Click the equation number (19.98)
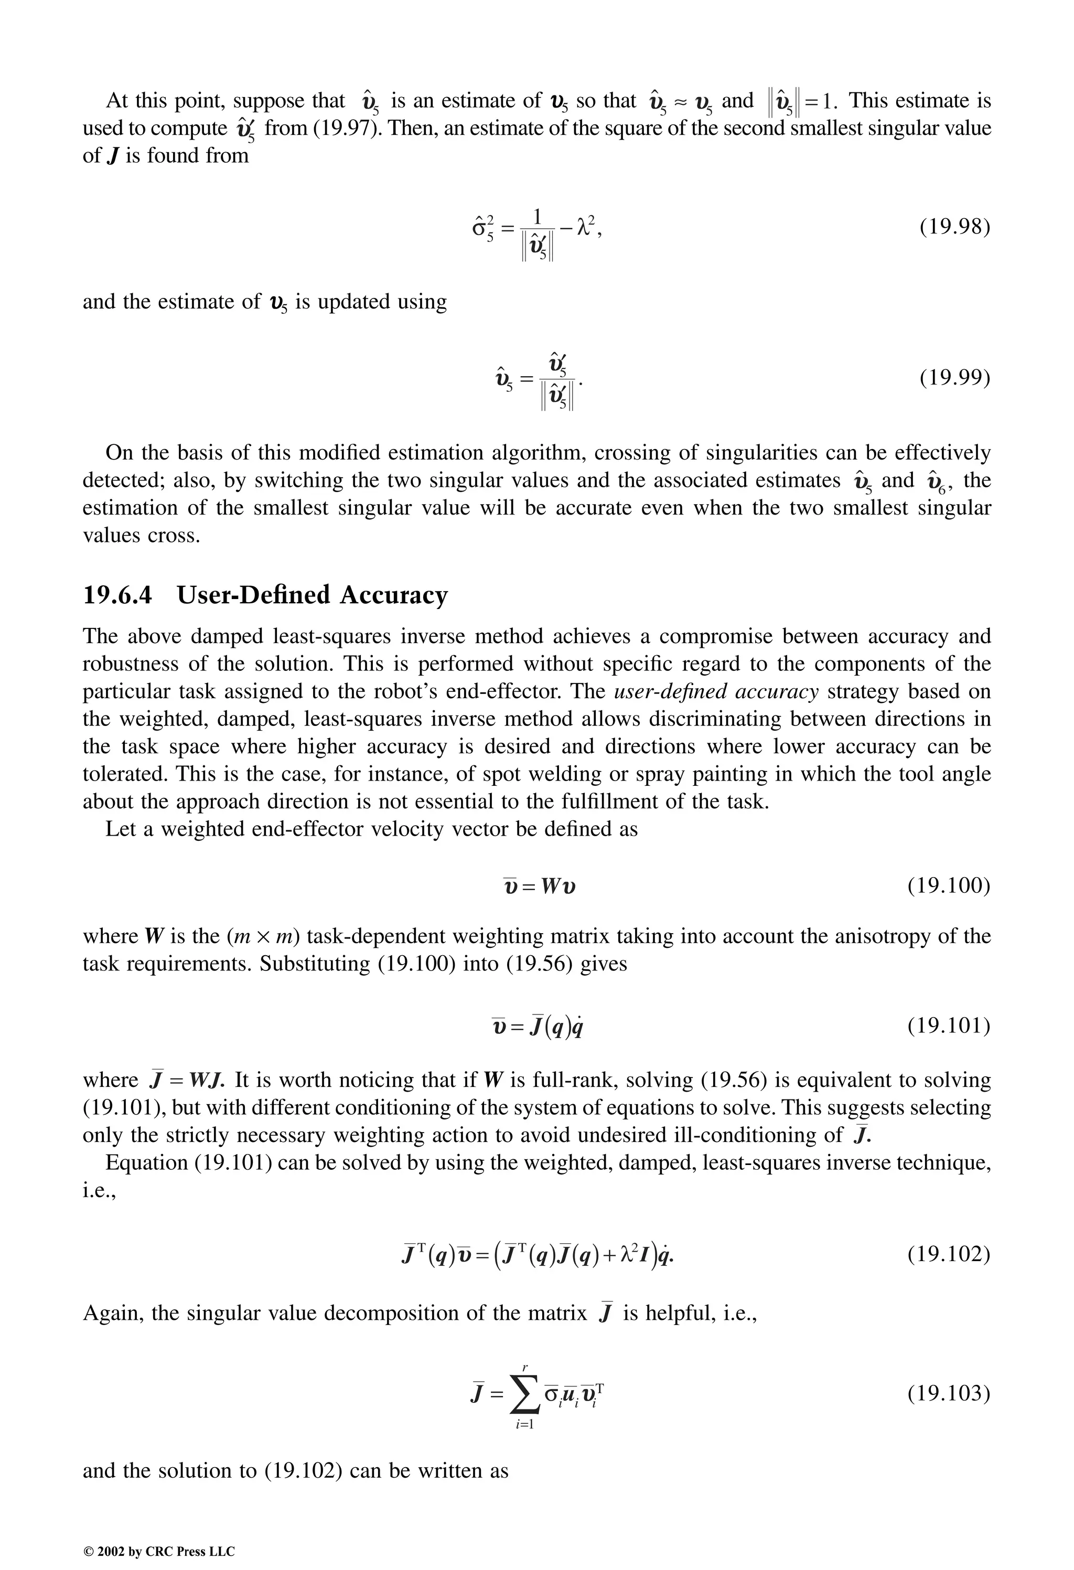[x=954, y=227]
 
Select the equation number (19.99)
[x=954, y=377]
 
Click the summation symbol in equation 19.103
[x=525, y=1394]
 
